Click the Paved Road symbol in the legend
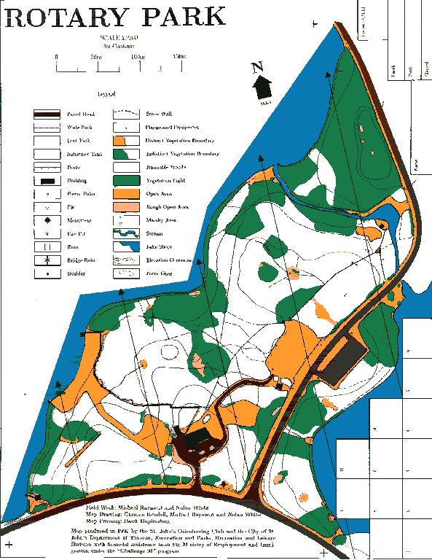47,114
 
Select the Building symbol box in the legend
47,180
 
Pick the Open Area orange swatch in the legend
125,193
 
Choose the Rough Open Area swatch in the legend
125,207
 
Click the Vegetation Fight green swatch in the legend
125,180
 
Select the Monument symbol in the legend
47,220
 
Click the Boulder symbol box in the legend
47,273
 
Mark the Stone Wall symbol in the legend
125,114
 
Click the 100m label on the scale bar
136,56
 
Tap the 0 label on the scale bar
56,56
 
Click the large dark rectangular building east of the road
343,359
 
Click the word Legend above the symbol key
106,95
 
